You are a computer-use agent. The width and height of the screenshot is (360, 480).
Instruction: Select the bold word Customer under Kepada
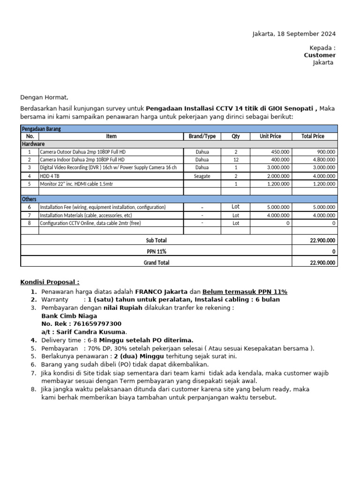[x=320, y=55]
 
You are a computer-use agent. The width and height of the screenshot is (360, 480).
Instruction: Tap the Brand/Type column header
[x=202, y=136]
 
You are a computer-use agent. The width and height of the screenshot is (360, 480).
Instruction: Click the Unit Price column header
[x=270, y=136]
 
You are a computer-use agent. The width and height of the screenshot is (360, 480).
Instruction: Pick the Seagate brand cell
[x=202, y=176]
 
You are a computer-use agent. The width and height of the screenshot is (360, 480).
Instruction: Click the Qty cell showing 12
[x=236, y=160]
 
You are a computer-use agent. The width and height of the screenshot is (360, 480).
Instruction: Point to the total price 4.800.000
[x=324, y=160]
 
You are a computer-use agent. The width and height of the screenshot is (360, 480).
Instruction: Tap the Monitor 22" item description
[x=76, y=184]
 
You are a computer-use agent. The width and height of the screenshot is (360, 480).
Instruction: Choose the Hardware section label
[x=33, y=144]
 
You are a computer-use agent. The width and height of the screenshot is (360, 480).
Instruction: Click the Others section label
[x=30, y=199]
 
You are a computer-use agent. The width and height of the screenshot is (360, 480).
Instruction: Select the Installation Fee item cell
[x=103, y=207]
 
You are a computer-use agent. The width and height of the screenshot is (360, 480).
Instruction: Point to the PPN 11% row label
[x=157, y=252]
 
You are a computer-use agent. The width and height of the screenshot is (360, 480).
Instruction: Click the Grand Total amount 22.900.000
[x=323, y=263]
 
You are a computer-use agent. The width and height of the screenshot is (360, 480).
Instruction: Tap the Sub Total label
[x=157, y=240]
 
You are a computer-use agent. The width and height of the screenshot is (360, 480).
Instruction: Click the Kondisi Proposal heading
[x=50, y=282]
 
